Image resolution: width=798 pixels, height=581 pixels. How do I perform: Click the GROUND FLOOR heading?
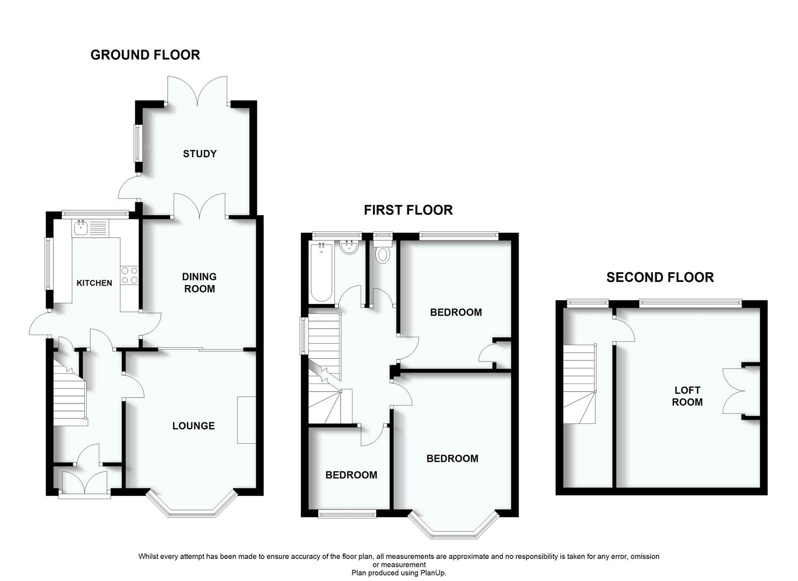(145, 55)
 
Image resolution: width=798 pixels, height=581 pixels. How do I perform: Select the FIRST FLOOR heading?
(408, 210)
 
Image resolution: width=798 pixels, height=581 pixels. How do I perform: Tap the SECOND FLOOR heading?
(660, 278)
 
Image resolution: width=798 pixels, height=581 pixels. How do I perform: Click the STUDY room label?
(199, 154)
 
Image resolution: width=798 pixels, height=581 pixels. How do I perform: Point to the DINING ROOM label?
(199, 283)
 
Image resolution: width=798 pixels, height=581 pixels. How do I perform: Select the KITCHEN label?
(95, 283)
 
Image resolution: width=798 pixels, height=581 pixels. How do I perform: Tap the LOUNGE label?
(193, 426)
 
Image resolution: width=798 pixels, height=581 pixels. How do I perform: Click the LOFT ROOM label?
(687, 396)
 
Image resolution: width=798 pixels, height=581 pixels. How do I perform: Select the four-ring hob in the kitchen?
(129, 275)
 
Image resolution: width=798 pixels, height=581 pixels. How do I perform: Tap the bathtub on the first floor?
(321, 272)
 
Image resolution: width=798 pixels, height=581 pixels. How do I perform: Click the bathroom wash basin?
(350, 248)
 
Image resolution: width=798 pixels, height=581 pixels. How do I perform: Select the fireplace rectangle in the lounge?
(247, 420)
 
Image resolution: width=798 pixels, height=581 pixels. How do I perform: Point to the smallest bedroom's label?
(351, 475)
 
